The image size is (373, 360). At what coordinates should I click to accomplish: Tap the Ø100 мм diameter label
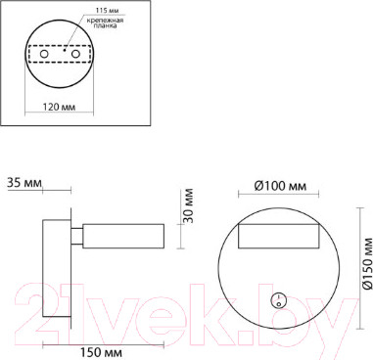coord(282,185)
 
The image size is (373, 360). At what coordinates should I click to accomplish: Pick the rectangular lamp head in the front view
coord(281,236)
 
